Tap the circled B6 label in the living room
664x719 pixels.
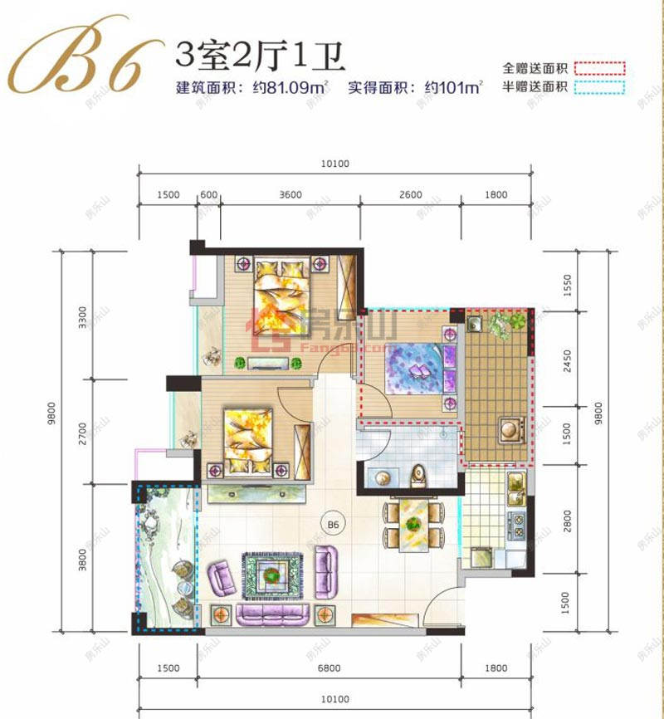pyautogui.click(x=334, y=524)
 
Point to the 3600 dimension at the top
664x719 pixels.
pyautogui.click(x=290, y=195)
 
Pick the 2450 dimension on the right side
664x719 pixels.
pyautogui.click(x=568, y=362)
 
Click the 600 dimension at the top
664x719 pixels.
pyautogui.click(x=209, y=195)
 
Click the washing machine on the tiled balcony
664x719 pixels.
pyautogui.click(x=508, y=430)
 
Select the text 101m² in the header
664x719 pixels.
pyautogui.click(x=455, y=86)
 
